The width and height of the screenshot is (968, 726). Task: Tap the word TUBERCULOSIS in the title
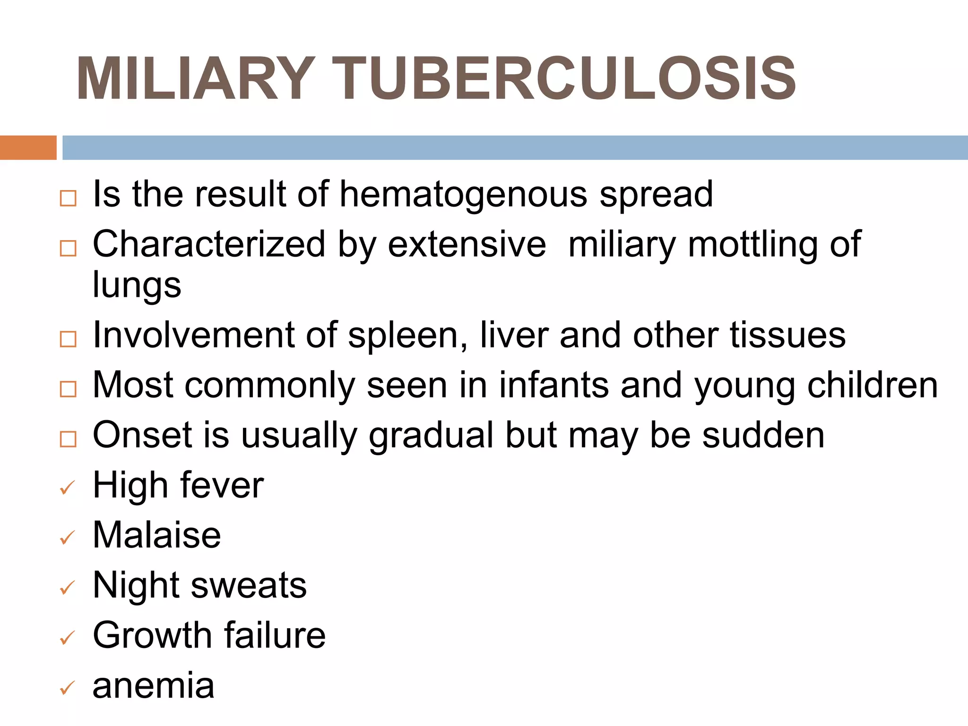[x=567, y=79]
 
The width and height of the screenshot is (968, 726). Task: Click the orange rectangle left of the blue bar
[x=28, y=147]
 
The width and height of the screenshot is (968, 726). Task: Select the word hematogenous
[x=463, y=195]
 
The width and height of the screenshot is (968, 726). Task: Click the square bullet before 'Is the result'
[x=68, y=198]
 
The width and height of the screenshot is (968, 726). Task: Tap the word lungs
[x=137, y=285]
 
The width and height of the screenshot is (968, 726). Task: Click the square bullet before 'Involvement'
[x=68, y=339]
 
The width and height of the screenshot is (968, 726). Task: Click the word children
[x=872, y=385]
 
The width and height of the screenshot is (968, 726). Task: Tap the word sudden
[x=763, y=435]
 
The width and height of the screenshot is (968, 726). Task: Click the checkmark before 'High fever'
[x=68, y=488]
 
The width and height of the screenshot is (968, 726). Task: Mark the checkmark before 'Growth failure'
[x=68, y=638]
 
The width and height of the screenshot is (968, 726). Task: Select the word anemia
[x=154, y=685]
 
